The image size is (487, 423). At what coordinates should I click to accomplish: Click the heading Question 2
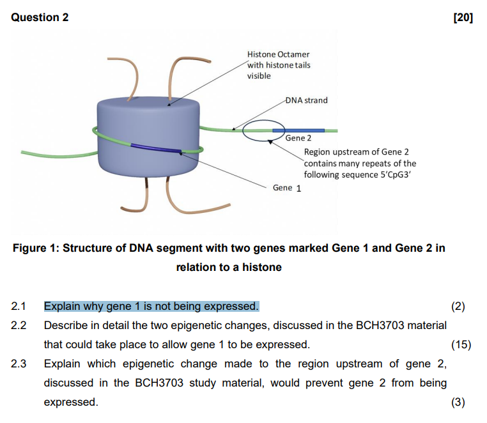(x=40, y=17)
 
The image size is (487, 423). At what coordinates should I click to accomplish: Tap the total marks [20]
(x=463, y=17)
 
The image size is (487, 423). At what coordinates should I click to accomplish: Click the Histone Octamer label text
(x=278, y=55)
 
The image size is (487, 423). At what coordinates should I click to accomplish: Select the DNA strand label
(x=307, y=100)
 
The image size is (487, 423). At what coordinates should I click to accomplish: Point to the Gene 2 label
(x=298, y=138)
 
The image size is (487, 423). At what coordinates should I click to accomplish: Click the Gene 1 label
(x=287, y=188)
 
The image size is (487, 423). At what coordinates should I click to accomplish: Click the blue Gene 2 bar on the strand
(x=298, y=130)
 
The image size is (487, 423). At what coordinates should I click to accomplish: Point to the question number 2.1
(x=19, y=306)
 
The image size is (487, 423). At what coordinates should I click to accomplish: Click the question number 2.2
(x=19, y=325)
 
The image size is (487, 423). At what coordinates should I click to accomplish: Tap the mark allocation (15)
(x=461, y=344)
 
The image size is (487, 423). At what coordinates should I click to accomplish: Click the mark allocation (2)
(x=458, y=306)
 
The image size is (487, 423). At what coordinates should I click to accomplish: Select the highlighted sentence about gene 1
(x=151, y=306)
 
